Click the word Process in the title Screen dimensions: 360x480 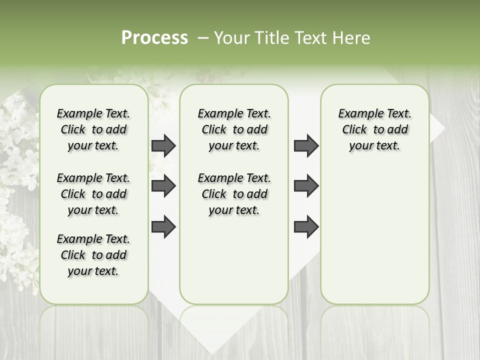[154, 38]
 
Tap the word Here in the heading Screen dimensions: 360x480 [351, 38]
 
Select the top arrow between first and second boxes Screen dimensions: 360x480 [163, 145]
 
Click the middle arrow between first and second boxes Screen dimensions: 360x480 [163, 186]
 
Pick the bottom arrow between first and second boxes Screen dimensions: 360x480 [163, 226]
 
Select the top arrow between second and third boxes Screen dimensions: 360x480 [306, 145]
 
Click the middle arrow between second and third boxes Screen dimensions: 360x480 [306, 186]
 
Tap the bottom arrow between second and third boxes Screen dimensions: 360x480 [306, 226]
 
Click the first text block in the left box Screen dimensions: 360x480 [93, 129]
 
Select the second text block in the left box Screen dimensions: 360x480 [93, 194]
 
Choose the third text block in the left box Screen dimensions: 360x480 [93, 255]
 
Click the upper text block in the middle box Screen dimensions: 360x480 [234, 129]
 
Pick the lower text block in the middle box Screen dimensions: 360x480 [234, 194]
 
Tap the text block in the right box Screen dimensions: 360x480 [374, 129]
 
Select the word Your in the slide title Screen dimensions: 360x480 [231, 38]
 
